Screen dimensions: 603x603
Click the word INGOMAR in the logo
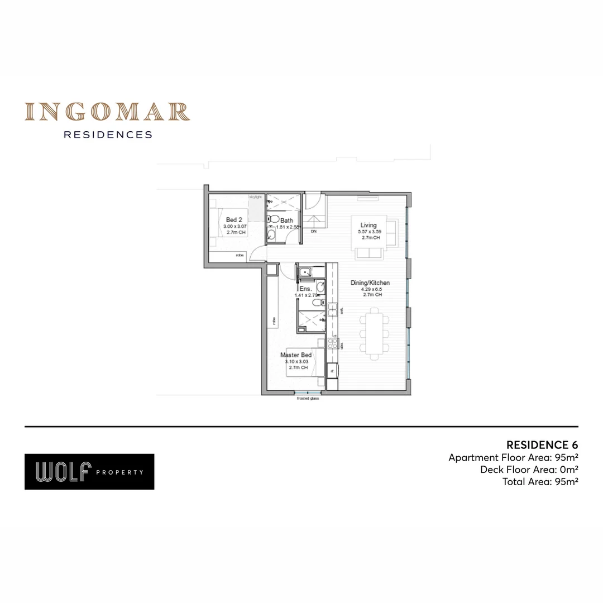point(107,112)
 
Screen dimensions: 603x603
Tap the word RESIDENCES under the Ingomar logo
point(108,135)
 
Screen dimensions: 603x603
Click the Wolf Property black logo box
point(89,472)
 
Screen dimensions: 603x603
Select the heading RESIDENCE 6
point(542,445)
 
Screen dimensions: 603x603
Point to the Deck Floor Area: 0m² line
point(529,470)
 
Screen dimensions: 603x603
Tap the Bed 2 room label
point(234,220)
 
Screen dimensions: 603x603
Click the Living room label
point(368,226)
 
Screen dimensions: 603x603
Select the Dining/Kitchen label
point(370,283)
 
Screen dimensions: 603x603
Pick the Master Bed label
point(296,355)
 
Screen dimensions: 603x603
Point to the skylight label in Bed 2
point(256,197)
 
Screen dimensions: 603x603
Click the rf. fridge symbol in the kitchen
point(332,370)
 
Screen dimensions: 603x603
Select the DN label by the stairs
point(313,231)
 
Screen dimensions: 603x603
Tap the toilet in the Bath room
point(274,219)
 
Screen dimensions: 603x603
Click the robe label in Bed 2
point(239,255)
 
